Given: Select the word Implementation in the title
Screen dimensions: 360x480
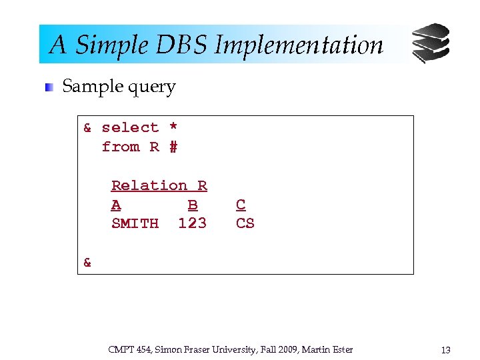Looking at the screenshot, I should click(x=299, y=45).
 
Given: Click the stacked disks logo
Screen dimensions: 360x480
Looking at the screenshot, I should click(x=430, y=43).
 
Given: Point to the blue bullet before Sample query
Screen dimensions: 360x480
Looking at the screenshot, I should click(x=49, y=87).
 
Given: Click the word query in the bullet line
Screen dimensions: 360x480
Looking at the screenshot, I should click(x=155, y=87).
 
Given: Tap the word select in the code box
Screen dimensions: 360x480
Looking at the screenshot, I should click(x=130, y=127).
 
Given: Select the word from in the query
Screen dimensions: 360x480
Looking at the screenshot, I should click(x=121, y=147).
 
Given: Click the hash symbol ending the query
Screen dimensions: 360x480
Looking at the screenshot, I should click(x=173, y=147).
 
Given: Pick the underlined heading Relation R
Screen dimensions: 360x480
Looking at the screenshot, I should click(x=159, y=185).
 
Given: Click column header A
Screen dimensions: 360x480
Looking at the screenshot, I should click(x=116, y=205).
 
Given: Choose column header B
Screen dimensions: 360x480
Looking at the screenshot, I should click(x=193, y=205).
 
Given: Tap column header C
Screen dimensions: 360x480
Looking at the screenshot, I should click(x=241, y=205).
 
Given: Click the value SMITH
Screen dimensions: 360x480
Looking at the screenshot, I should click(x=135, y=223).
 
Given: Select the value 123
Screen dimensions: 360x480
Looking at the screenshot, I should click(x=193, y=223).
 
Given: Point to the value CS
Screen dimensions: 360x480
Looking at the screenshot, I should click(x=245, y=223).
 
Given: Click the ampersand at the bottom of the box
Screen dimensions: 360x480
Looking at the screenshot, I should click(x=87, y=263).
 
